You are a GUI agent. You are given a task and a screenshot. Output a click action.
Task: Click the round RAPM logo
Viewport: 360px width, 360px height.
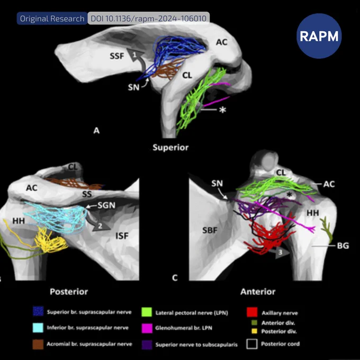(319, 36)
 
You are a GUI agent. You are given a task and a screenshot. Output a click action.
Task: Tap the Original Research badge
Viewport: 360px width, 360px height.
(52, 19)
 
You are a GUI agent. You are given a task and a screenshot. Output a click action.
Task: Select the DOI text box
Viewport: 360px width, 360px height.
(149, 19)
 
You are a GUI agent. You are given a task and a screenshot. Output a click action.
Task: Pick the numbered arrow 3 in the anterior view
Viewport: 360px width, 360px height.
(278, 252)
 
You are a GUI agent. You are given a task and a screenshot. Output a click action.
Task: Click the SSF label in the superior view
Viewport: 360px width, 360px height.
(117, 56)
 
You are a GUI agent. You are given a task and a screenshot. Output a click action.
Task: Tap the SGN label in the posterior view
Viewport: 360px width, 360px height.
(106, 205)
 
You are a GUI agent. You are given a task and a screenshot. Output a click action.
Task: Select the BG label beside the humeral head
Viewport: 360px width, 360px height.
(343, 246)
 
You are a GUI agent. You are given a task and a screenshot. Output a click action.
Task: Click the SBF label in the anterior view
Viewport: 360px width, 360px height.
(210, 230)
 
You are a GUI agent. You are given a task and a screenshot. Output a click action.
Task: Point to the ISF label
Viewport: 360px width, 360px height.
(122, 236)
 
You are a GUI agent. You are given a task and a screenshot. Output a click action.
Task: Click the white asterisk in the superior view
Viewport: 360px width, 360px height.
(222, 110)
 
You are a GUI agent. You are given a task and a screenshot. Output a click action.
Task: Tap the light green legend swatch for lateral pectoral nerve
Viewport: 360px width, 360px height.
(147, 312)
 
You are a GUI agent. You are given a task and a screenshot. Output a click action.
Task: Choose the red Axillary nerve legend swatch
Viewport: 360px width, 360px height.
(252, 312)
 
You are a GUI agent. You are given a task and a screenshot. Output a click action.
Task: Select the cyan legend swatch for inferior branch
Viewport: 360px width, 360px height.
(38, 328)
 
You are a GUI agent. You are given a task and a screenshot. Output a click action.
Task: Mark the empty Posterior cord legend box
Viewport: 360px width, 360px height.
(252, 344)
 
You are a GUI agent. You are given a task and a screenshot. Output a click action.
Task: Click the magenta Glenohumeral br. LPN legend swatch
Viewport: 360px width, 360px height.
(147, 328)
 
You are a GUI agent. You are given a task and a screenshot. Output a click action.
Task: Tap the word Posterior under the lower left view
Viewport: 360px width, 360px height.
(69, 292)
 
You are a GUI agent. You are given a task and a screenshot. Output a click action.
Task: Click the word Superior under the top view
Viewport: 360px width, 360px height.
(170, 147)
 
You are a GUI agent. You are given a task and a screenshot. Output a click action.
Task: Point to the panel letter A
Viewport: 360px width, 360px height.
(96, 130)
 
